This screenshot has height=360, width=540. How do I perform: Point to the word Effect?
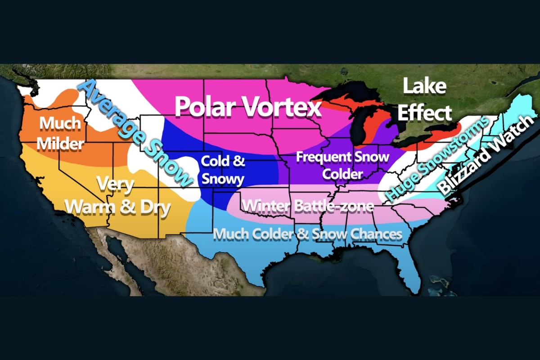point(424,113)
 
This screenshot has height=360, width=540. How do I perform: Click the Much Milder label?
point(60,133)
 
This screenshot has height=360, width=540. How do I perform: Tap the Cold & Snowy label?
point(222,170)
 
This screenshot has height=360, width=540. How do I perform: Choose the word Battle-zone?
point(333,207)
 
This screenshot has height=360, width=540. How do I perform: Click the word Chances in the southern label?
point(377,234)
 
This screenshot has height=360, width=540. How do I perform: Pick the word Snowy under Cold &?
point(222,179)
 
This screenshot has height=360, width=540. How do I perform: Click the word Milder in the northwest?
point(60,144)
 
